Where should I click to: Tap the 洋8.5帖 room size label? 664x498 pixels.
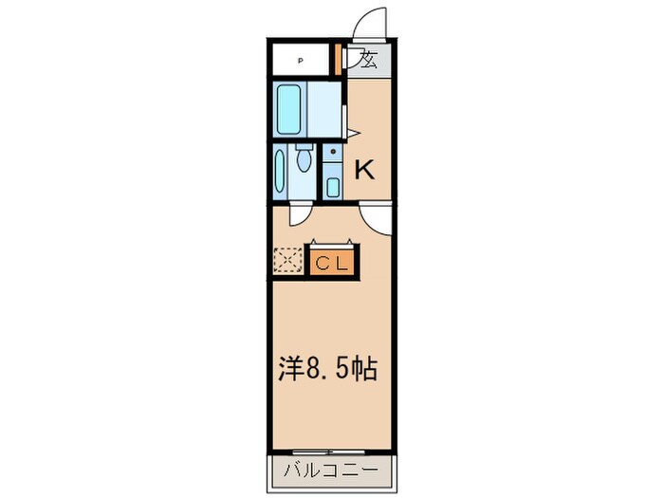(328, 368)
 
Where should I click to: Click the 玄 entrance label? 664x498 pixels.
(369, 60)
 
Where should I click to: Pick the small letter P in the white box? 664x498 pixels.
(301, 62)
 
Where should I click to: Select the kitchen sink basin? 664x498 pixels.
(333, 186)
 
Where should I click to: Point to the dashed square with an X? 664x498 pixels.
(286, 259)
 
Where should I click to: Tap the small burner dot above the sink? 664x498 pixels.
(333, 151)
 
